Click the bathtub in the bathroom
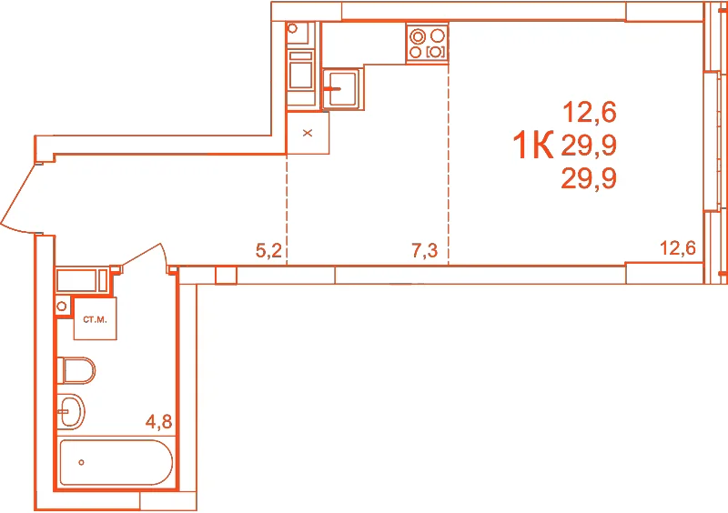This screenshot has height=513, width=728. pos(116,462)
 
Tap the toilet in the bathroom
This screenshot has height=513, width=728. pos(76,370)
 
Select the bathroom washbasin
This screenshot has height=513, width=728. pos(71,411)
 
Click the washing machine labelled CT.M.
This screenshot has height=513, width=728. pos(96,318)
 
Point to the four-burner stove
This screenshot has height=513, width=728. pos(427,43)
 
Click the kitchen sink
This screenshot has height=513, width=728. pos(343,87)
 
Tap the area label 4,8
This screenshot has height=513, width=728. pos(158,421)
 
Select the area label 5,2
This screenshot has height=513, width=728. pos(268,251)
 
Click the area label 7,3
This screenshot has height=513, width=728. pos(424,251)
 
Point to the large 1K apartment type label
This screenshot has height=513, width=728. pos(533,145)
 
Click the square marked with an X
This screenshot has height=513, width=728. pos(308,133)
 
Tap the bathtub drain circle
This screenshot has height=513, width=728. pos(81,462)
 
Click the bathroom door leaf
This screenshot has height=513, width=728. pos(143,255)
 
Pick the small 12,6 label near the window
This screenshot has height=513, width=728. pos(678,248)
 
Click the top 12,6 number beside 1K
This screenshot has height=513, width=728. pos(590,113)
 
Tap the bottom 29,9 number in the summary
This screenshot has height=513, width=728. pos(589,178)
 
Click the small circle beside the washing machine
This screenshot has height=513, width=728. pos(61,307)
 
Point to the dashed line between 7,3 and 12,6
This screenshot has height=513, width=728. pos(449,165)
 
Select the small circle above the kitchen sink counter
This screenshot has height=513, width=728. pos(292,28)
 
